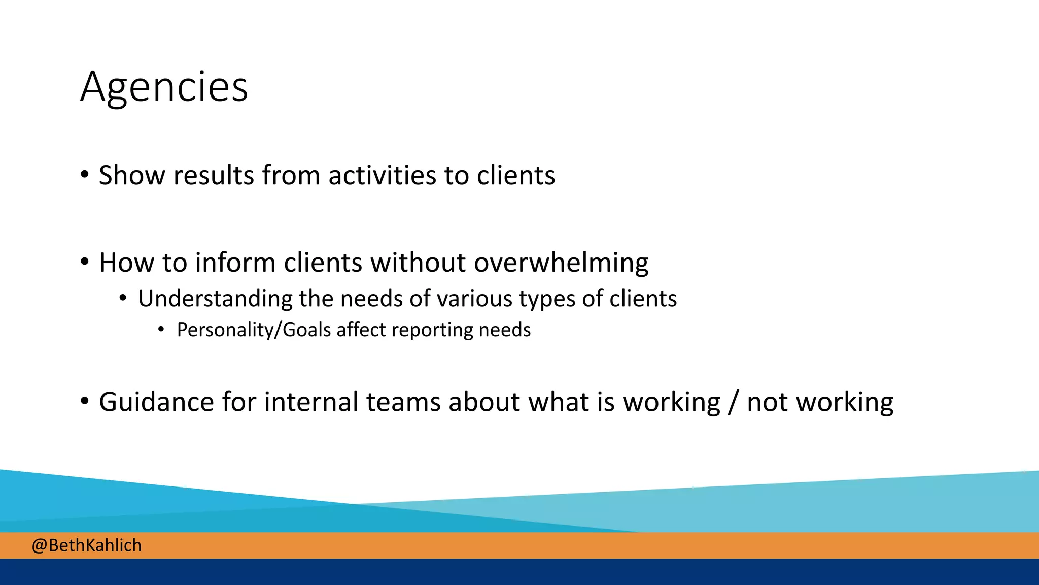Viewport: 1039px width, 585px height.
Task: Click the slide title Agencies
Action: coord(164,87)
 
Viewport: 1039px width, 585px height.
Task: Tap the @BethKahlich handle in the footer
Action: coord(87,545)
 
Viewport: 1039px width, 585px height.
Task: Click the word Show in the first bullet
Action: coord(132,175)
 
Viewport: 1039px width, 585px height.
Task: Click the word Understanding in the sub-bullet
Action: coord(215,299)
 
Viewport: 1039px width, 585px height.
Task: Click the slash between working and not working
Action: coord(733,402)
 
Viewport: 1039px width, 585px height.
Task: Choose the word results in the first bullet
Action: coord(213,175)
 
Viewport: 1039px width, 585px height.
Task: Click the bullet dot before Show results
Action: coord(85,175)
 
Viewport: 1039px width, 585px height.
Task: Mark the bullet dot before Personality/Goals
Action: coord(161,330)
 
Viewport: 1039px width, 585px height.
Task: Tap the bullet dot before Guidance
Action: coord(85,401)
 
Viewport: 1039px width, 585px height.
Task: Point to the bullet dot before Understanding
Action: coord(123,298)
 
